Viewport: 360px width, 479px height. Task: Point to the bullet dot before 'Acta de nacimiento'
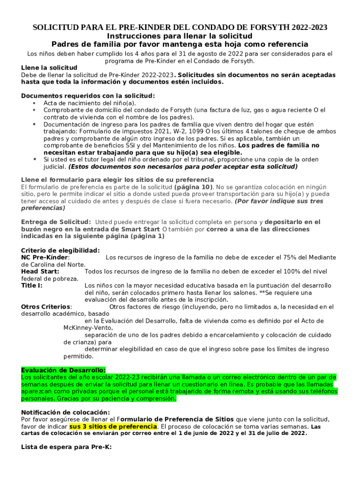(34, 103)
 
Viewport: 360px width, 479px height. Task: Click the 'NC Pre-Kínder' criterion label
(45, 257)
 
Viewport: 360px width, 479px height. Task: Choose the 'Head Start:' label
(40, 271)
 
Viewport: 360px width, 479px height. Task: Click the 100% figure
(298, 271)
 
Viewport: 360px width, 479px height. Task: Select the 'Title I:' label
(32, 285)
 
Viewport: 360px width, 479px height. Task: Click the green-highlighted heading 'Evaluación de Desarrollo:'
(63, 370)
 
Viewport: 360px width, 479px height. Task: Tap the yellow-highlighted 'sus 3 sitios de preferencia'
(113, 427)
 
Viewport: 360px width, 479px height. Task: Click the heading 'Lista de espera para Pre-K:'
(66, 447)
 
